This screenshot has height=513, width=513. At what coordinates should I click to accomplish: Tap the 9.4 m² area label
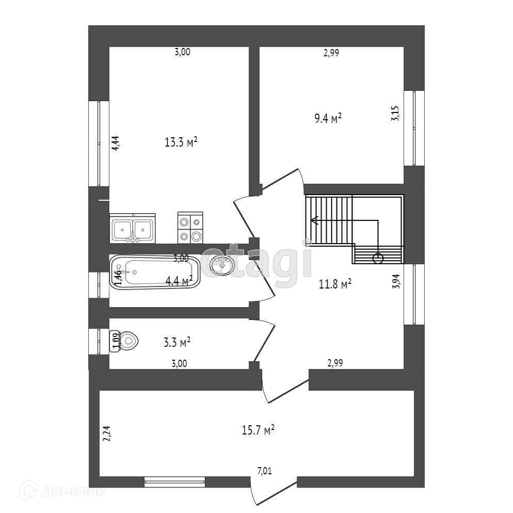tap(328, 119)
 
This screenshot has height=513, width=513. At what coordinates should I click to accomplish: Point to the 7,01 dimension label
tap(264, 470)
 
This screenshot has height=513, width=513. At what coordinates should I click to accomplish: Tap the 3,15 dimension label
tap(395, 113)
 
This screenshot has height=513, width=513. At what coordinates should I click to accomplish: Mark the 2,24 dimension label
tap(106, 434)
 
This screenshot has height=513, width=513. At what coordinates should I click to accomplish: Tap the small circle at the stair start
tap(378, 259)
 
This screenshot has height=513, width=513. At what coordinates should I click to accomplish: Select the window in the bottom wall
tap(174, 483)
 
